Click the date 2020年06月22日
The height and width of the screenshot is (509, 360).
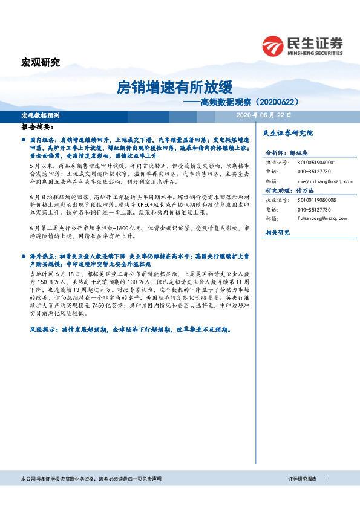(x=263, y=115)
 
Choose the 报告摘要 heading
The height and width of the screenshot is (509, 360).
(x=37, y=128)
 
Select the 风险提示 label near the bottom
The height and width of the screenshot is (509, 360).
(x=42, y=331)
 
